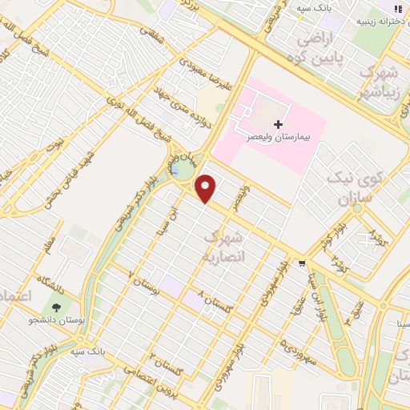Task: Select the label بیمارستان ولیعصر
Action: (279, 137)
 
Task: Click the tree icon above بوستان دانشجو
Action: (55, 307)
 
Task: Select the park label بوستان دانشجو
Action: (55, 321)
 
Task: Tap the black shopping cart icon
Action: (301, 262)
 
